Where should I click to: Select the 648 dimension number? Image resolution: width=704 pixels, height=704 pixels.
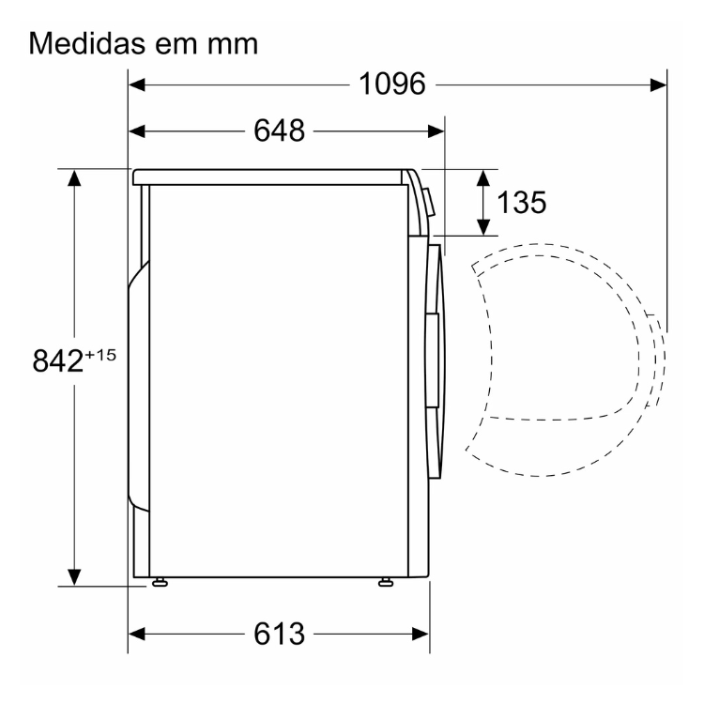point(279,131)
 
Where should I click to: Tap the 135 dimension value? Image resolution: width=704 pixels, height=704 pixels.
point(521,202)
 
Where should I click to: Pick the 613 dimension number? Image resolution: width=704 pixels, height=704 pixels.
point(279,635)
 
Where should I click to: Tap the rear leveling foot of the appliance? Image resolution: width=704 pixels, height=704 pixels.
point(161,584)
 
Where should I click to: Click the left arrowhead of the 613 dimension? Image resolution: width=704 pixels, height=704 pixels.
point(137,635)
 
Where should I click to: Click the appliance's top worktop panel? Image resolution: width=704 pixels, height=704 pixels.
point(272,176)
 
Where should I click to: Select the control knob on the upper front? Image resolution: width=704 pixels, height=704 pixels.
point(428,201)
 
